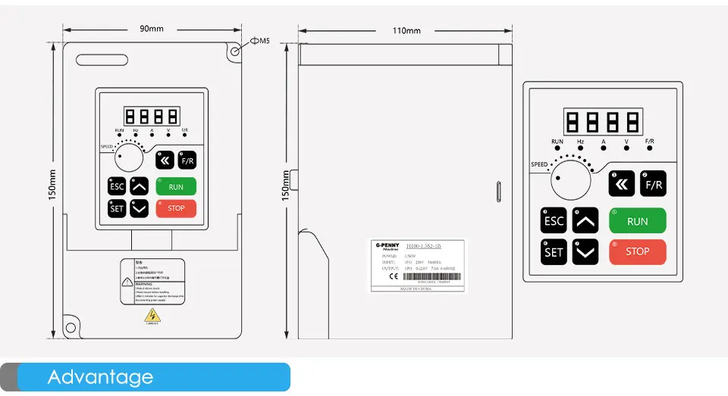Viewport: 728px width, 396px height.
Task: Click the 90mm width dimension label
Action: (152, 30)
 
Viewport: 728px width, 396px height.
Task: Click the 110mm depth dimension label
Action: (406, 30)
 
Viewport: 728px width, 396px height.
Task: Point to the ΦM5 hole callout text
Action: (260, 40)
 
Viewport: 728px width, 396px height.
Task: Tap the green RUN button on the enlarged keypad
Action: (638, 221)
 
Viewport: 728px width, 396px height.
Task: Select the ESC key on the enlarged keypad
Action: (554, 221)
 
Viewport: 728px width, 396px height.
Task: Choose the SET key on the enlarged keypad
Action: (554, 252)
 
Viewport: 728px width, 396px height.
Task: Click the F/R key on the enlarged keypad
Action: (653, 183)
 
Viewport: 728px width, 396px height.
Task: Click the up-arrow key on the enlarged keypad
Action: (585, 221)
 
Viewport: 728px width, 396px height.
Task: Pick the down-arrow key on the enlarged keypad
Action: (585, 252)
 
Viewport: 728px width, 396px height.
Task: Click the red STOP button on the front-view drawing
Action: (176, 208)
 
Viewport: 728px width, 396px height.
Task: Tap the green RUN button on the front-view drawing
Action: (176, 186)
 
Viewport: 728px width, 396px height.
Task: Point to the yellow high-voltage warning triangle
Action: (153, 315)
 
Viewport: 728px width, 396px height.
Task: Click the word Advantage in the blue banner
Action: (100, 377)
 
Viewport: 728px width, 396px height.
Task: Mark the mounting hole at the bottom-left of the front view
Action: (71, 328)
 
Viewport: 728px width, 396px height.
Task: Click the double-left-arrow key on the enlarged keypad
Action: (622, 183)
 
